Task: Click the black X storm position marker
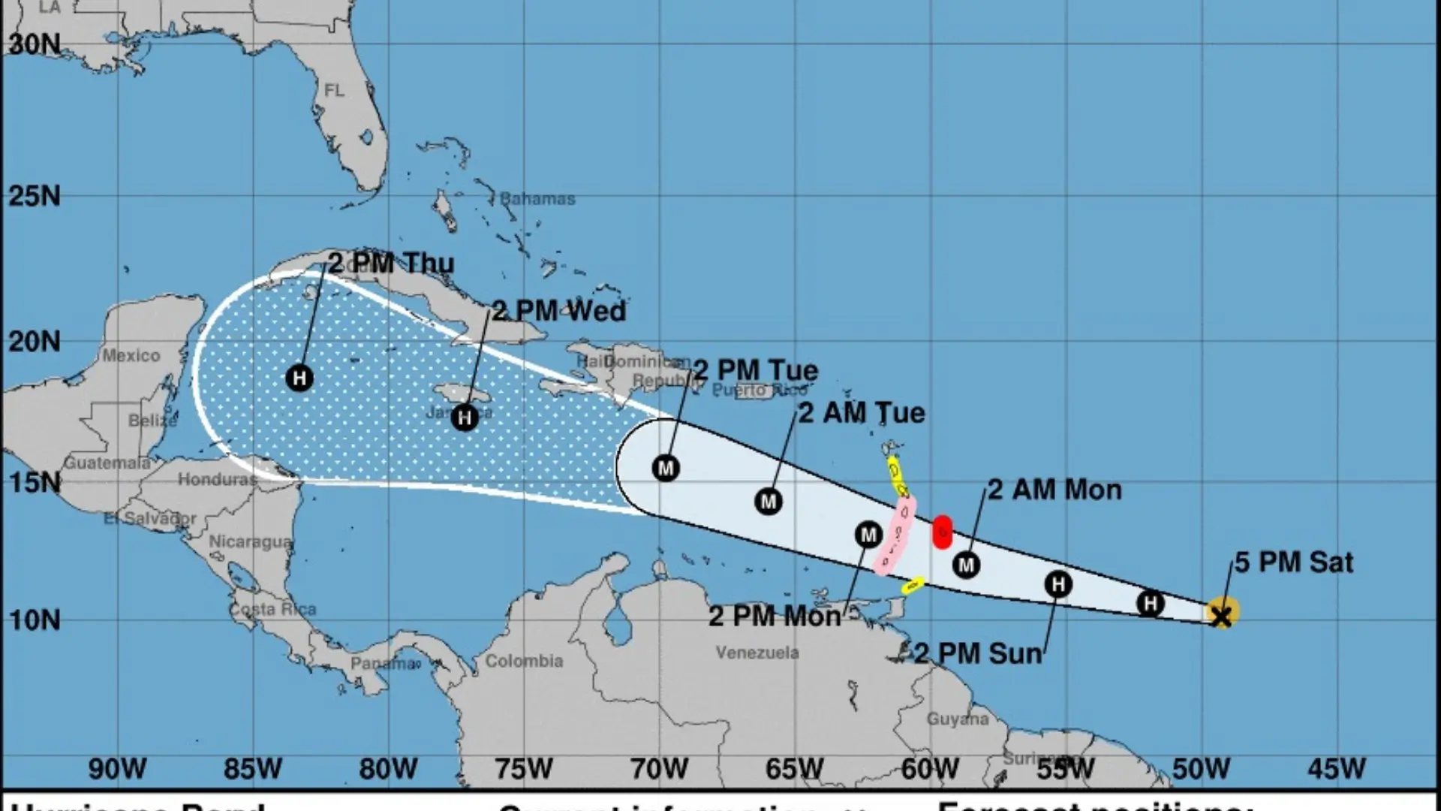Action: [x=1222, y=617]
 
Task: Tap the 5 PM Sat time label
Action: [x=1294, y=562]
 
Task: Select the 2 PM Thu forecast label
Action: [x=391, y=263]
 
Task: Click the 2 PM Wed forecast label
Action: [x=558, y=311]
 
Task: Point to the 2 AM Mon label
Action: [x=1054, y=490]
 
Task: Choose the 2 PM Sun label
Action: [x=978, y=653]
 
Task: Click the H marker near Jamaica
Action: [x=465, y=418]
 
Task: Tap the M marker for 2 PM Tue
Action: [x=666, y=469]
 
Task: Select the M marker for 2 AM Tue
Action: [x=768, y=502]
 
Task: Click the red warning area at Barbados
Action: [x=942, y=532]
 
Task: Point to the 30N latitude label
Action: [x=35, y=45]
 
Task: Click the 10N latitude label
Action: [x=35, y=620]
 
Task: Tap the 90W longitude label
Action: [x=117, y=769]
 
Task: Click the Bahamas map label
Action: [x=537, y=199]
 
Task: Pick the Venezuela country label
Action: [x=757, y=653]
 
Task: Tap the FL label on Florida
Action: [x=334, y=91]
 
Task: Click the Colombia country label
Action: [x=524, y=661]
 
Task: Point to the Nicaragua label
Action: [x=250, y=541]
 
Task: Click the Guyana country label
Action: [x=957, y=719]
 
